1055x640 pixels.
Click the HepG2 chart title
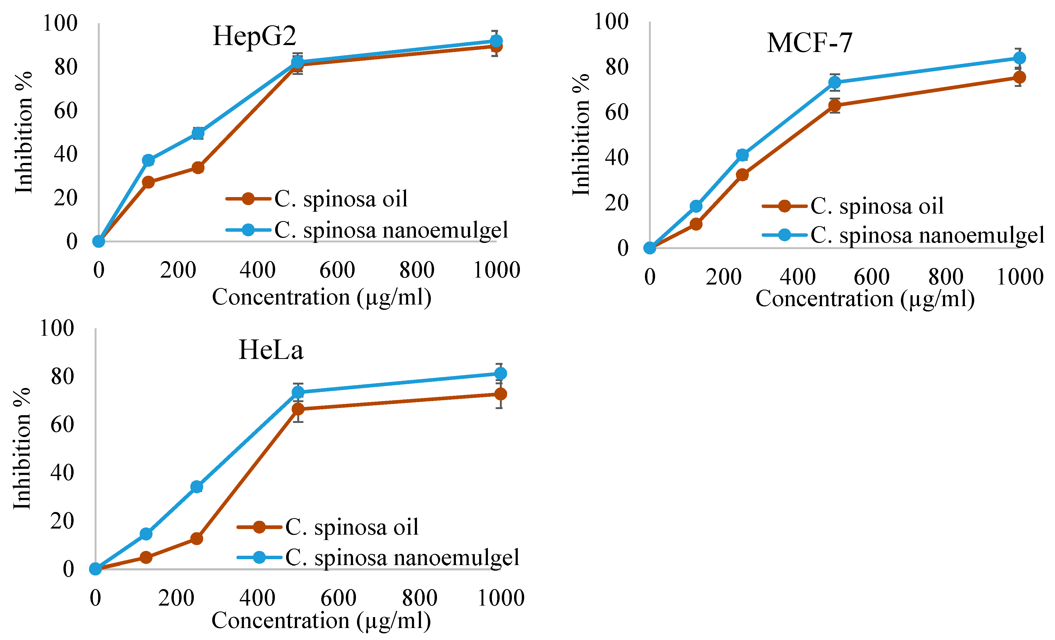[x=254, y=36]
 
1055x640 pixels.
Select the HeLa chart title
[x=271, y=350]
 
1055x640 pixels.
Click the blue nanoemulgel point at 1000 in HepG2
[x=496, y=41]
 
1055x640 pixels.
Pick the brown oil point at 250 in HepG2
[x=198, y=167]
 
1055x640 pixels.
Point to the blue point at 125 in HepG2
[x=148, y=161]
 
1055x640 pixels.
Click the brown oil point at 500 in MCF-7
[x=835, y=105]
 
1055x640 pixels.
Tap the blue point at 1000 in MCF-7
[x=1020, y=58]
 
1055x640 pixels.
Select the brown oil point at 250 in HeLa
[x=196, y=538]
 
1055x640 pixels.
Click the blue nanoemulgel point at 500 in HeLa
[x=298, y=392]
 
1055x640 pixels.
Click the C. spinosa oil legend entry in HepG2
[x=317, y=199]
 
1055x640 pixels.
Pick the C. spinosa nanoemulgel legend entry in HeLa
[x=379, y=557]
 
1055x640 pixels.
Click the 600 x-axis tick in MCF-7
[x=872, y=277]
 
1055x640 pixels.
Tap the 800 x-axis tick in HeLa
[x=420, y=598]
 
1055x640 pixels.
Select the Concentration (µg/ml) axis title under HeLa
[x=321, y=620]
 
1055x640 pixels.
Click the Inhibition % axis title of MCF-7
[x=581, y=135]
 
